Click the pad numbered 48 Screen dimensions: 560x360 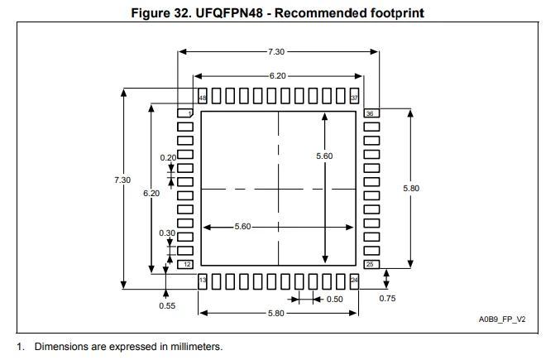(203, 96)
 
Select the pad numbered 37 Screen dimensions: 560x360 (354, 96)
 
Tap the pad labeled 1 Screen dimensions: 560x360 (185, 113)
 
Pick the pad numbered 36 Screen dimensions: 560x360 (371, 113)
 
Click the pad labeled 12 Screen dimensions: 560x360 (185, 264)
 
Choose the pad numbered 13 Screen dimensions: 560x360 (203, 281)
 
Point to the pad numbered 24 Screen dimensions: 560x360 (354, 281)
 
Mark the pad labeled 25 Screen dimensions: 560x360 (371, 264)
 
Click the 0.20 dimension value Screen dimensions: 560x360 (168, 157)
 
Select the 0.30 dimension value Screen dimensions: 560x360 (167, 233)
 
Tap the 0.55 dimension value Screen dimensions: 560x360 (167, 305)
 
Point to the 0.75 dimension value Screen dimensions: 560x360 (387, 298)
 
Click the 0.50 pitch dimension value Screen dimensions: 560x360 (335, 300)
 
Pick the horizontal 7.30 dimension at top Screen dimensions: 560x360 (276, 52)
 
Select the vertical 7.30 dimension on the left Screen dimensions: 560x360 (122, 180)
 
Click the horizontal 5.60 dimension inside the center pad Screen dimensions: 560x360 (242, 227)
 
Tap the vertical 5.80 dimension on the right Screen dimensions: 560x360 (411, 188)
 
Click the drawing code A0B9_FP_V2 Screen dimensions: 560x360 (502, 319)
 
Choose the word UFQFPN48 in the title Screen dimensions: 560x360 (229, 13)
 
